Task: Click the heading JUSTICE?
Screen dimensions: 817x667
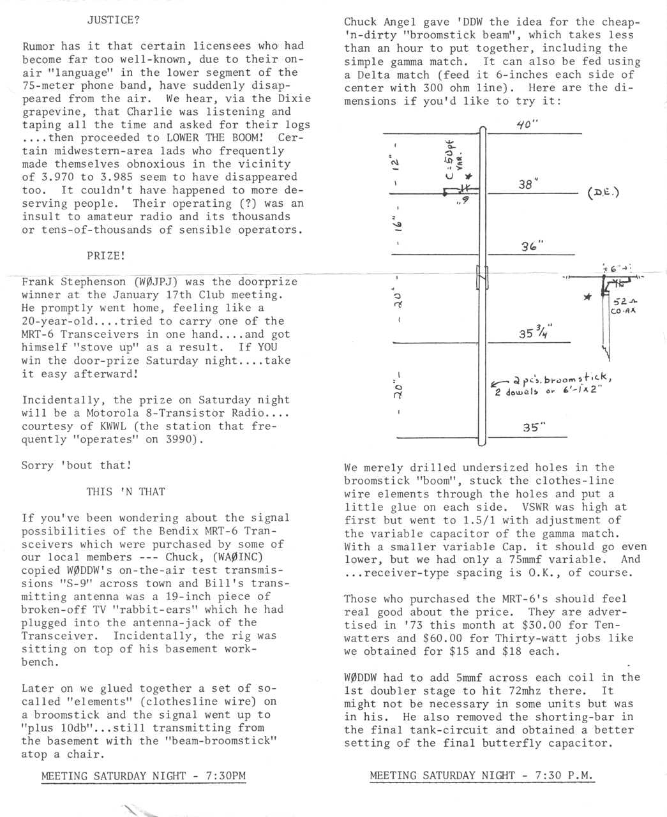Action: tap(113, 19)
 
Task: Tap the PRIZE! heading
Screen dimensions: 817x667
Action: tap(106, 255)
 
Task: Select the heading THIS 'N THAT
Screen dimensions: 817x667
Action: tap(126, 491)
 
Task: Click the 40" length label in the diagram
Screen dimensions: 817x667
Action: tap(527, 124)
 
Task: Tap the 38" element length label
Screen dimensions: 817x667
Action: tap(528, 184)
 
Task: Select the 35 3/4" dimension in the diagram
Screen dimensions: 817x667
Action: tap(536, 333)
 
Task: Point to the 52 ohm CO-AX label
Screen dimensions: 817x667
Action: tap(622, 306)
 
